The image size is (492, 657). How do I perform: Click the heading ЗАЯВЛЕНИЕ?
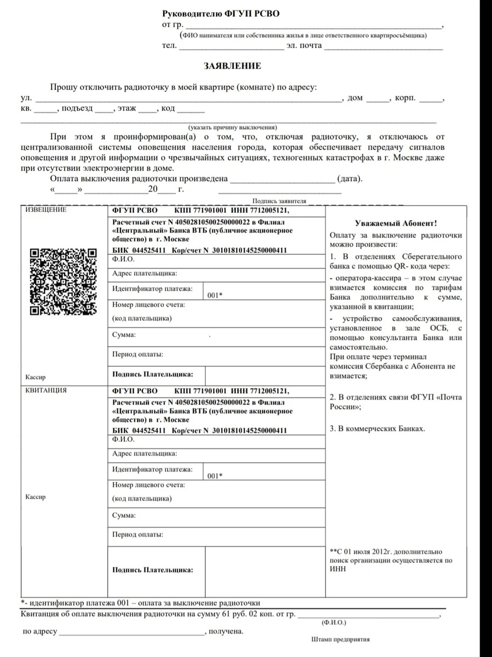click(x=232, y=66)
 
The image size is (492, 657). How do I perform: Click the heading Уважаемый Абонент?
click(x=396, y=223)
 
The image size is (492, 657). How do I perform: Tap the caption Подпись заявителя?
click(x=279, y=201)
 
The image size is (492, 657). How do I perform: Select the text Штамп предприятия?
click(x=340, y=639)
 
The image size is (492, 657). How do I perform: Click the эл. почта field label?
click(x=303, y=45)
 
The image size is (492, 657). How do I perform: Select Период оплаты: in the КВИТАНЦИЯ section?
click(x=138, y=534)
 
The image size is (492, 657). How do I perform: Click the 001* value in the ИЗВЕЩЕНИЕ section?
click(x=215, y=295)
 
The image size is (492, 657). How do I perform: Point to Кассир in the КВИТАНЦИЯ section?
click(x=36, y=497)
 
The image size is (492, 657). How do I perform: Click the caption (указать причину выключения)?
click(x=233, y=126)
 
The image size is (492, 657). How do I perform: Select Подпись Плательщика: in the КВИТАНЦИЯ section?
click(x=152, y=570)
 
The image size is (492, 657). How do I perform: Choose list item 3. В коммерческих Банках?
click(x=377, y=429)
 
